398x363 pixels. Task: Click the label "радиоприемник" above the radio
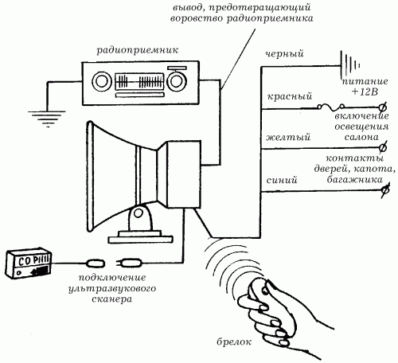point(137,50)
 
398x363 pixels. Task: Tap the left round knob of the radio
point(101,81)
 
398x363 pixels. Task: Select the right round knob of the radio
point(176,81)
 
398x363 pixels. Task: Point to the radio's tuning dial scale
point(139,81)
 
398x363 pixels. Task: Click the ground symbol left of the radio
point(47,119)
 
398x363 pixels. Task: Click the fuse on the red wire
point(331,107)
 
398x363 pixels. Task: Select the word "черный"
point(284,54)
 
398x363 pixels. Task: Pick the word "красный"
point(289,96)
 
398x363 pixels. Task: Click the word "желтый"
point(288,137)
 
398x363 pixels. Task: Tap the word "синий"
point(282,180)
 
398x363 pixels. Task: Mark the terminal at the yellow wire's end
point(383,148)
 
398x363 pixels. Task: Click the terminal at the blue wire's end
point(384,189)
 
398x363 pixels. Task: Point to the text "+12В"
point(365,92)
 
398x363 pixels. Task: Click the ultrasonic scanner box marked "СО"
point(29,263)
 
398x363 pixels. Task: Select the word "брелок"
point(234,342)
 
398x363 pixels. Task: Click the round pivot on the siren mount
point(138,213)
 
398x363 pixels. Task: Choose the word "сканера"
point(111,299)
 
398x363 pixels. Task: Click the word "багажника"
point(354,179)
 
